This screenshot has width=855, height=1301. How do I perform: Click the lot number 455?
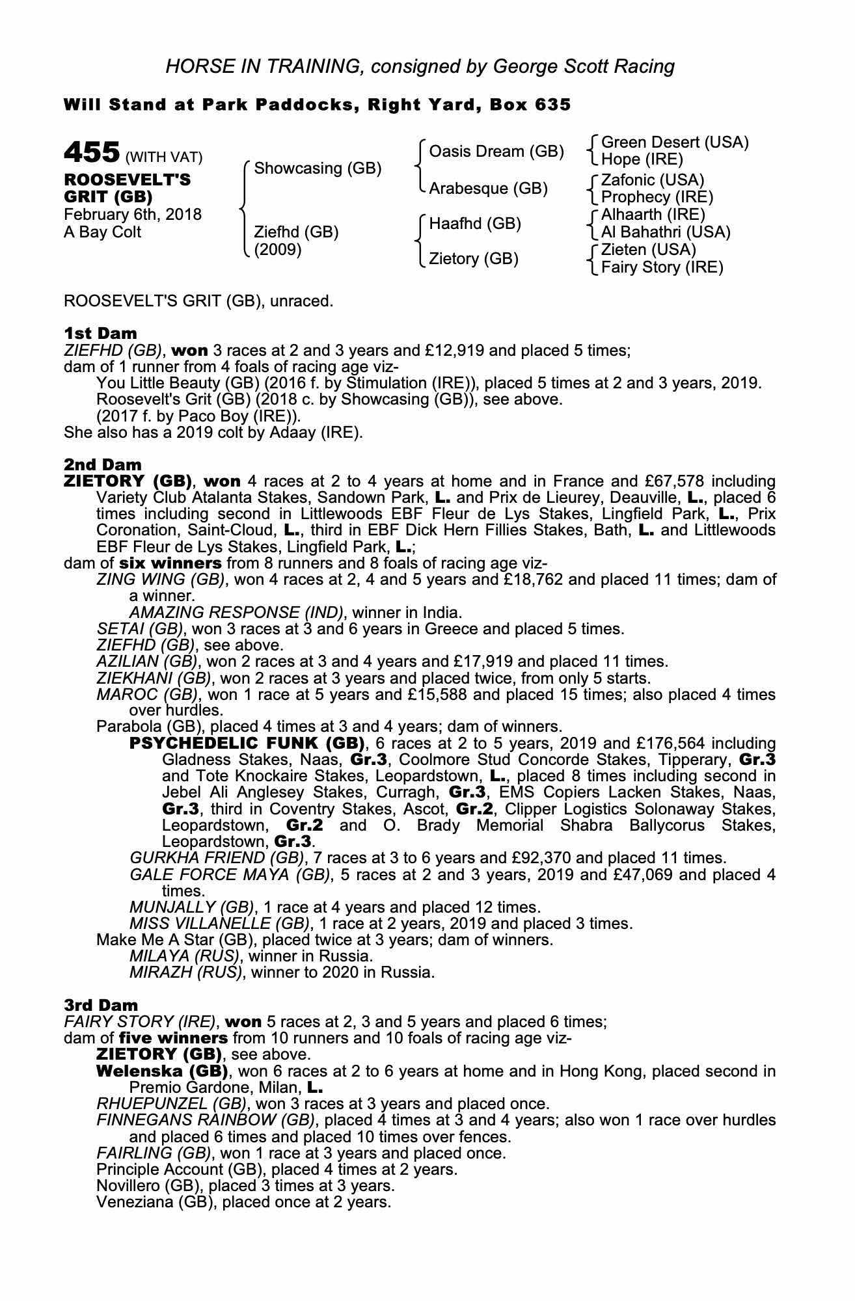[92, 153]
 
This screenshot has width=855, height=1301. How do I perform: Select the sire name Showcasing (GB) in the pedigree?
[318, 168]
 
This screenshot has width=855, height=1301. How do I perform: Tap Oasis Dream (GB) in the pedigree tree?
[496, 152]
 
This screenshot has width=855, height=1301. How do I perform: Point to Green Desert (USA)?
[675, 142]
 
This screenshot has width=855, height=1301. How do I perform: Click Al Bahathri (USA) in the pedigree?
[665, 232]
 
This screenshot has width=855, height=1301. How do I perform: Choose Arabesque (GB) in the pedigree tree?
[488, 189]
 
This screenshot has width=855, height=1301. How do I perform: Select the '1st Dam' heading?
[100, 334]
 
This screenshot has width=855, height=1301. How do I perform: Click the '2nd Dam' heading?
[102, 464]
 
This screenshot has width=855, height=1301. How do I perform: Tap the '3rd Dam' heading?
[101, 1005]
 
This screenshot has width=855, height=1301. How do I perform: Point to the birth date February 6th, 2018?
[133, 215]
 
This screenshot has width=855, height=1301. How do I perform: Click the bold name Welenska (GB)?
[162, 1071]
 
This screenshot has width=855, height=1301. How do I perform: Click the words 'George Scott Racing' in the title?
[584, 66]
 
